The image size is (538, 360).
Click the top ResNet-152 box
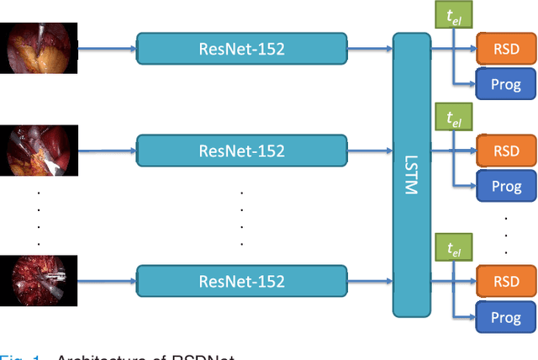pyautogui.click(x=241, y=49)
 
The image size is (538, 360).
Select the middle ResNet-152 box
pyautogui.click(x=241, y=151)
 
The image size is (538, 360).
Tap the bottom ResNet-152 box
pyautogui.click(x=241, y=279)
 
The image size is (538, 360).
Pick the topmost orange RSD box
pyautogui.click(x=506, y=48)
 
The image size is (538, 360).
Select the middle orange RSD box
pyautogui.click(x=506, y=151)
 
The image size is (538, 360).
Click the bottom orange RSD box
pyautogui.click(x=506, y=280)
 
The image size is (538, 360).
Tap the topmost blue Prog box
pyautogui.click(x=506, y=84)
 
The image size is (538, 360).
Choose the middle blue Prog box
pyautogui.click(x=506, y=186)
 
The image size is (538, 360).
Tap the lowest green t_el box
pyautogui.click(x=455, y=248)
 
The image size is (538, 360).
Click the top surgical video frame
pyautogui.click(x=40, y=49)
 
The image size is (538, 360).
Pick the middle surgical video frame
pyautogui.click(x=40, y=151)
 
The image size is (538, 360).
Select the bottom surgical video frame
pyautogui.click(x=40, y=279)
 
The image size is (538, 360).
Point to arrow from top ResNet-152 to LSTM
pyautogui.click(x=370, y=49)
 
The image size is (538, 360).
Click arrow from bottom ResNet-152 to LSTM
pyautogui.click(x=370, y=279)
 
